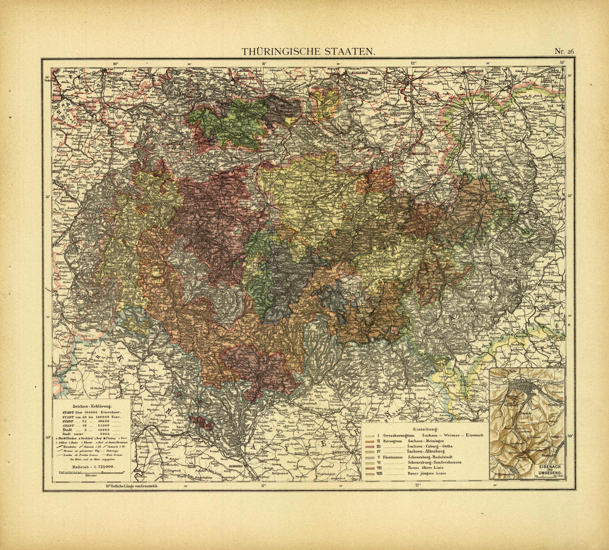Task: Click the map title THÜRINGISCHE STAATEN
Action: pyautogui.click(x=309, y=52)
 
